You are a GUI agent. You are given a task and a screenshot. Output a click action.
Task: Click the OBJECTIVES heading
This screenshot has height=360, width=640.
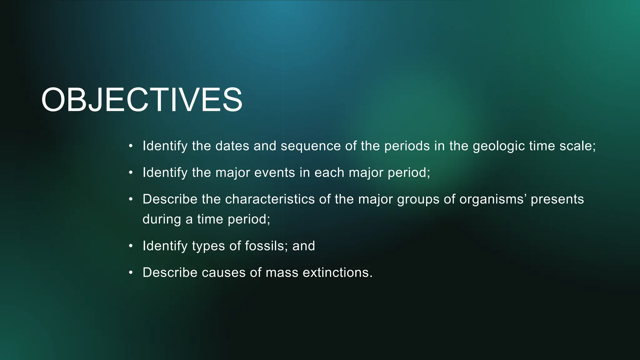tap(142, 100)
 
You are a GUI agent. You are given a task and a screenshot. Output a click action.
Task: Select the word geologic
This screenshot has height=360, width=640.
tap(499, 146)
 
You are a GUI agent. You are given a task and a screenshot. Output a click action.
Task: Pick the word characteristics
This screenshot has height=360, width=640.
tap(270, 199)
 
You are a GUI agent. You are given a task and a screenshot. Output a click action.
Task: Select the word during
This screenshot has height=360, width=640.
tap(162, 219)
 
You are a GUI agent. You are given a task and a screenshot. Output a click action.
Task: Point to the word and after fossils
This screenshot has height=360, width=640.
tap(304, 246)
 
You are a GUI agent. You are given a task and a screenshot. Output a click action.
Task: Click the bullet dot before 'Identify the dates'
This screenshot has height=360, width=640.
tap(131, 146)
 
